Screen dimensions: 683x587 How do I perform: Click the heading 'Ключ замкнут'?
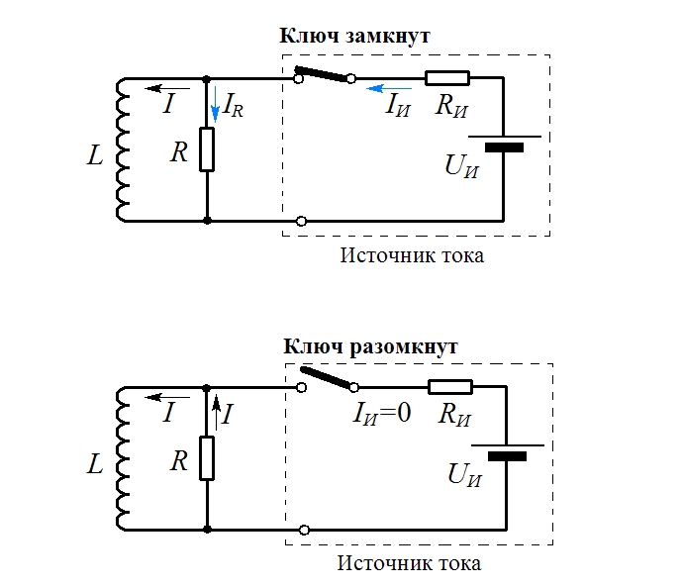point(354,36)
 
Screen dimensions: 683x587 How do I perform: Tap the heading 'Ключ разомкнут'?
point(370,346)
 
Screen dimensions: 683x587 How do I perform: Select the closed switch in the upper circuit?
point(325,74)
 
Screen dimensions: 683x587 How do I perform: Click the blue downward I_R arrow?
point(215,105)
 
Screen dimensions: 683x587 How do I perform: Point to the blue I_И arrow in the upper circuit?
point(389,88)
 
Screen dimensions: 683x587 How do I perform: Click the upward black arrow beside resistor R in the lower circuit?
point(216,413)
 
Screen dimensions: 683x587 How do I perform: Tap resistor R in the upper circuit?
point(207,149)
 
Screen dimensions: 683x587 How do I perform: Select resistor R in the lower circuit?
point(207,458)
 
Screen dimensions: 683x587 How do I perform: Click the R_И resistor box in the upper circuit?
point(447,78)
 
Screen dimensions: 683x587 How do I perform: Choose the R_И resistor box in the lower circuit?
point(450,387)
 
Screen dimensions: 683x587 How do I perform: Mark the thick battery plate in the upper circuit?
point(505,147)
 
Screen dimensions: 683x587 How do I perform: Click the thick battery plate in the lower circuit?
point(508,456)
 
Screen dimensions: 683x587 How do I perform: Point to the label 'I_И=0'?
point(382,413)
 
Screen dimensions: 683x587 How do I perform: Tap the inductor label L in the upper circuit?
point(95,155)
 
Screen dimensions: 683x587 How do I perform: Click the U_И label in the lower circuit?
point(465,475)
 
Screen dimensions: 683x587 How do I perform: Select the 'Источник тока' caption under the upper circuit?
point(412,255)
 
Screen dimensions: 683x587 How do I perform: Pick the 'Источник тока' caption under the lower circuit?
point(410,563)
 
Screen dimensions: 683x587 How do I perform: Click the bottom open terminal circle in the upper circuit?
point(301,221)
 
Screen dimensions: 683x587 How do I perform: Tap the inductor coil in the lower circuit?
point(122,458)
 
